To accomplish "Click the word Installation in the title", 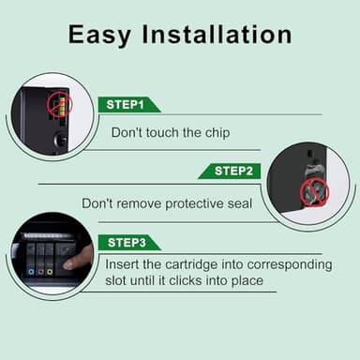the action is pyautogui.click(x=217, y=34).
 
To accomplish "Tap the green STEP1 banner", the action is pyautogui.click(x=129, y=105).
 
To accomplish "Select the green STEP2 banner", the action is pyautogui.click(x=230, y=172).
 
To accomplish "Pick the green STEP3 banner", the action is pyautogui.click(x=129, y=243).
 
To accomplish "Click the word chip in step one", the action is pyautogui.click(x=217, y=133).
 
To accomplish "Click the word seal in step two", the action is pyautogui.click(x=240, y=203).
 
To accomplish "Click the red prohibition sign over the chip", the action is pyautogui.click(x=60, y=105).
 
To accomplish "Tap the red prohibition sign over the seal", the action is pyautogui.click(x=314, y=192).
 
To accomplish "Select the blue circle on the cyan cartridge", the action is pyautogui.click(x=31, y=272).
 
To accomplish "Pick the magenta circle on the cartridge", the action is pyautogui.click(x=40, y=272).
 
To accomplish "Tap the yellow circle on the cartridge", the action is pyautogui.click(x=50, y=272).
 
